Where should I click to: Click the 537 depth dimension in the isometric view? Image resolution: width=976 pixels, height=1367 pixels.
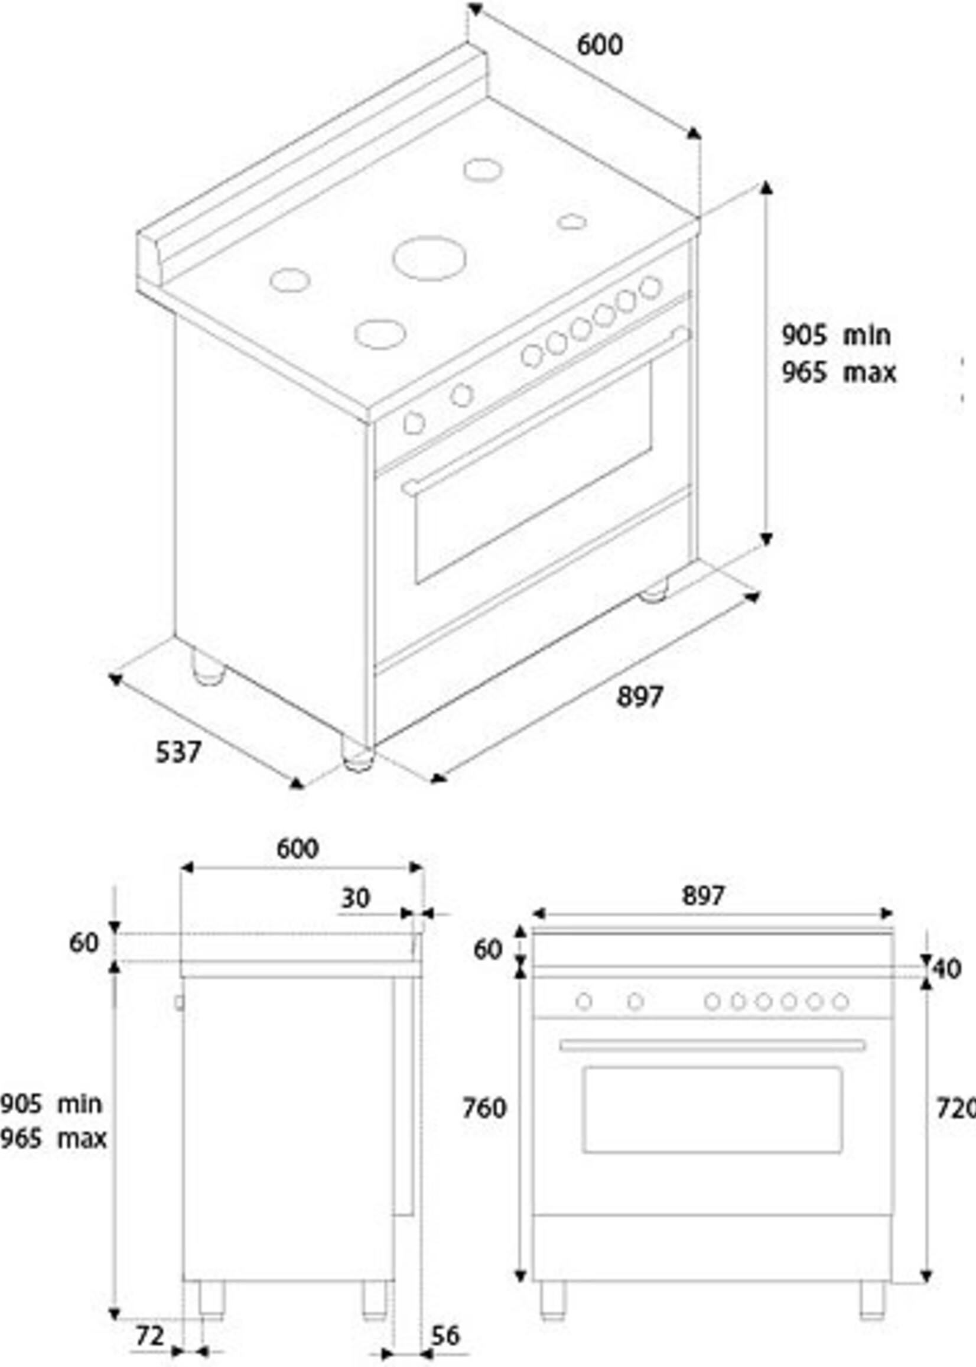tap(178, 752)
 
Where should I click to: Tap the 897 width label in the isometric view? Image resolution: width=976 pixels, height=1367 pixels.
tap(639, 697)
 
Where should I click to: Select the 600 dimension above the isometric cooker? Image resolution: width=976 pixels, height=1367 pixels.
tap(600, 45)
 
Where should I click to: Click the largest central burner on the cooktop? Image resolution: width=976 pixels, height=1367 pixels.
tap(429, 258)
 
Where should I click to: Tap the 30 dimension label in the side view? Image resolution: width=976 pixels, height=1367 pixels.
tap(355, 898)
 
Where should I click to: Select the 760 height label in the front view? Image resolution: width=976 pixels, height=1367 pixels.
tap(484, 1108)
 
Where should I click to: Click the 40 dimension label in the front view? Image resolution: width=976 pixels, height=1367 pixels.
tap(948, 969)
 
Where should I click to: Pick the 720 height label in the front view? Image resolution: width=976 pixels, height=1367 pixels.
tap(955, 1108)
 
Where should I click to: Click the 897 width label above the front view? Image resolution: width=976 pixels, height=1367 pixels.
tap(703, 896)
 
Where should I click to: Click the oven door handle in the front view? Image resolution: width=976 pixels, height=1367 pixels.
tap(712, 1045)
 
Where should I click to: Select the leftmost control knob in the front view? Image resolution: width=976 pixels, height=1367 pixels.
tap(584, 1002)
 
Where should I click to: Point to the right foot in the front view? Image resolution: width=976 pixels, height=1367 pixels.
tap(873, 1300)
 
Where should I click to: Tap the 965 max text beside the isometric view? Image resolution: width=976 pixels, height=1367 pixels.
tap(838, 373)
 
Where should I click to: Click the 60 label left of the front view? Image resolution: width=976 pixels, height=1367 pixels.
tap(487, 950)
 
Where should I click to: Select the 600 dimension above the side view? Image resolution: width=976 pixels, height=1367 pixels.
tap(298, 849)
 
